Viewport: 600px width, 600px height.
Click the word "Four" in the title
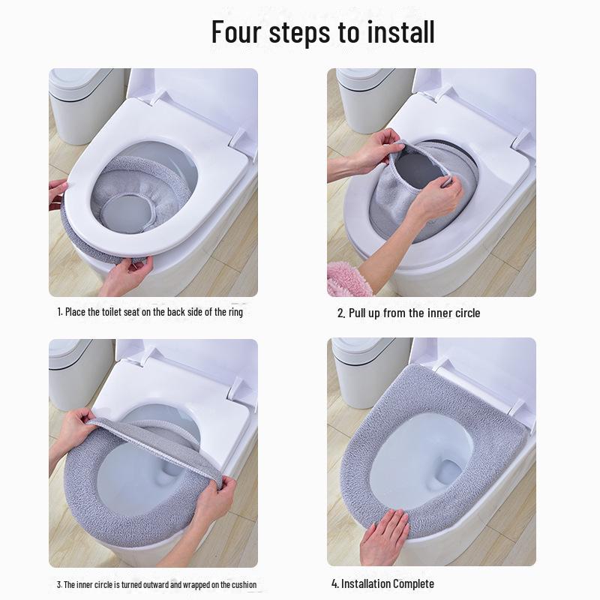[x=235, y=31]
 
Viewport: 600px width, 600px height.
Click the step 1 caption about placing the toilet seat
[x=150, y=312]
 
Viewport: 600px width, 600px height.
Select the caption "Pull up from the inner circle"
[x=408, y=313]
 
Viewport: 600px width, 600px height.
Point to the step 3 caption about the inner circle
[x=157, y=585]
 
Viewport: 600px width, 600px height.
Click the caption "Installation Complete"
[x=382, y=583]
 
